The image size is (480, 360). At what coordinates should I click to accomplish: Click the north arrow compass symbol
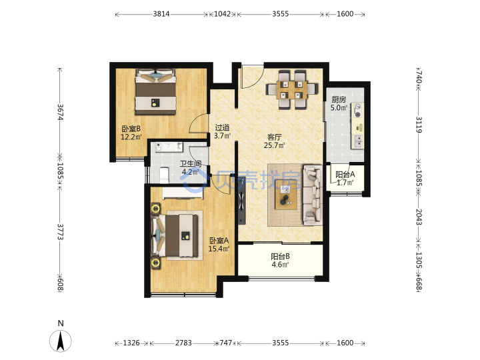61,341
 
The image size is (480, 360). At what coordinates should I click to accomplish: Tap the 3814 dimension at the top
161,14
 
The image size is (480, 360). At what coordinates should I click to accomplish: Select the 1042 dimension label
222,14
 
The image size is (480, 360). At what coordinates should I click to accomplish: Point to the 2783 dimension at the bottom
183,343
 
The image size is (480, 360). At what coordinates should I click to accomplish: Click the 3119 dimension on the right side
419,125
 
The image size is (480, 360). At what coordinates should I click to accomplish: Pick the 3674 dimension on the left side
60,112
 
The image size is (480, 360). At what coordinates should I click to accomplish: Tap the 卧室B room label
131,129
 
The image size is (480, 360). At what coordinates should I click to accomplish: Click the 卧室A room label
219,241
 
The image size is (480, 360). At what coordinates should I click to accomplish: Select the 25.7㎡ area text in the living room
274,145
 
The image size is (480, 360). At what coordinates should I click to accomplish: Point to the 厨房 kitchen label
339,99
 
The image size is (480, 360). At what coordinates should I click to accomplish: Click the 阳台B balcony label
280,256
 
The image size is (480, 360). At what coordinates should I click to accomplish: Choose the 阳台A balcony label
345,175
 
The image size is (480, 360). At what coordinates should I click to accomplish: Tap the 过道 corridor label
222,127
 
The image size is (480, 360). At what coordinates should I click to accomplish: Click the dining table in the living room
292,89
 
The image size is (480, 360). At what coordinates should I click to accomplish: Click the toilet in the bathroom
164,175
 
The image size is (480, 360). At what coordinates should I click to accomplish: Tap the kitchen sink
357,141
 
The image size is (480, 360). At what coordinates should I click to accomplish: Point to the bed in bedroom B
156,92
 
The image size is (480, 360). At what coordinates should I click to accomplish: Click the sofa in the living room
312,195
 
